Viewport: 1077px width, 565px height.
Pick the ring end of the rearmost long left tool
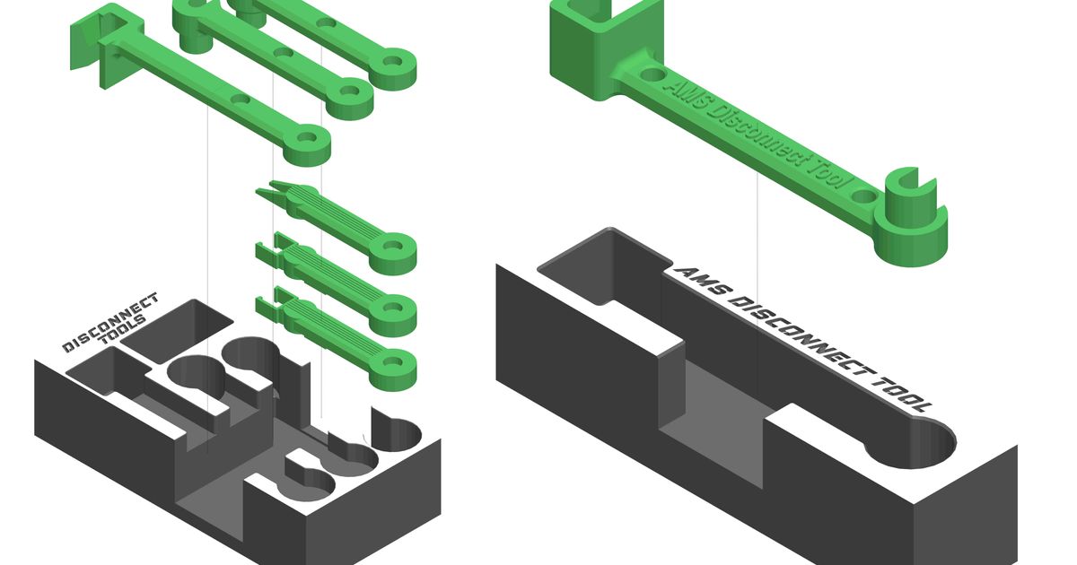pos(393,65)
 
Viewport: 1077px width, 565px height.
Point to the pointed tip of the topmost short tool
pos(262,192)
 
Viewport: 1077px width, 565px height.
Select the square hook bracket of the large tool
pos(597,45)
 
